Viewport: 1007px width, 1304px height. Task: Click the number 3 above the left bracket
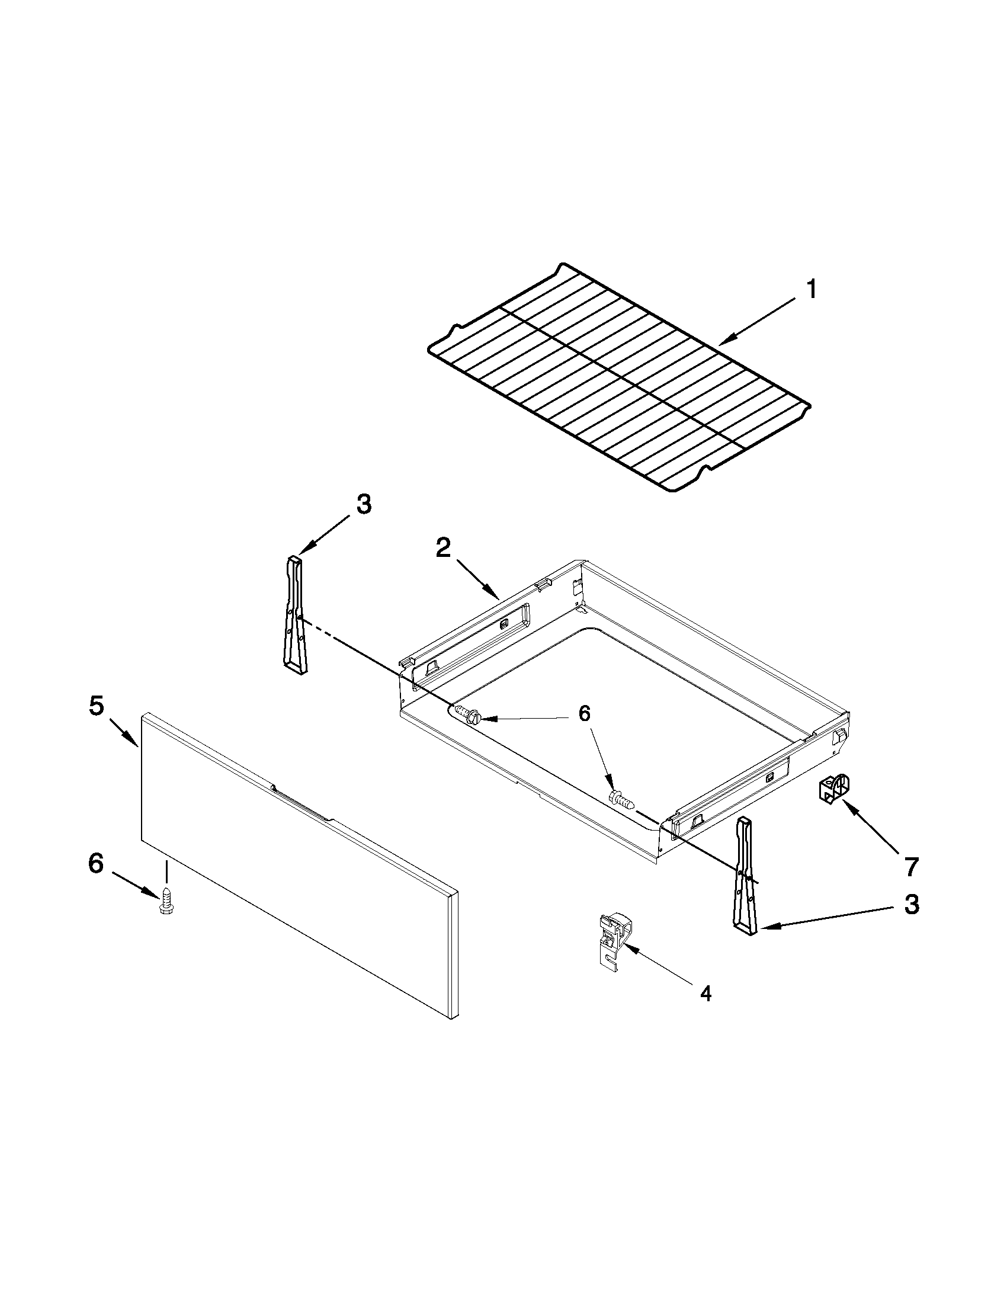click(x=364, y=505)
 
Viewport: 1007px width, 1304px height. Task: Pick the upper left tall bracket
click(x=295, y=615)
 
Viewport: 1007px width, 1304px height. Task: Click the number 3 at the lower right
click(x=910, y=905)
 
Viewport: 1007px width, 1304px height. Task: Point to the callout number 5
click(x=96, y=706)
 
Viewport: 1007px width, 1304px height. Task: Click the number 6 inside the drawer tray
click(x=584, y=713)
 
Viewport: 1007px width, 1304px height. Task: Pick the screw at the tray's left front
click(x=467, y=714)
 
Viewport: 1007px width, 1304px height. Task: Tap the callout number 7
click(x=910, y=867)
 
